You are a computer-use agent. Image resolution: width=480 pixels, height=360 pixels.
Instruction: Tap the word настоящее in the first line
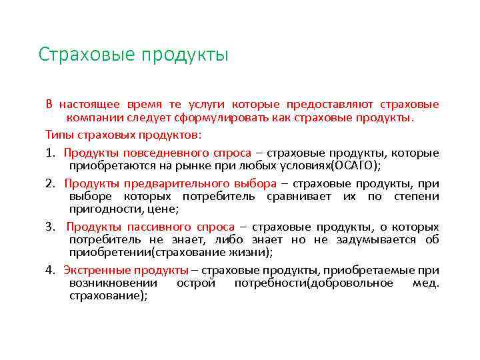[89, 104]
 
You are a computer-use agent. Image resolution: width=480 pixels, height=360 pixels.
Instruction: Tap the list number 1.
[51, 153]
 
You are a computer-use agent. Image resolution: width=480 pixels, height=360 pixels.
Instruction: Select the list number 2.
[51, 183]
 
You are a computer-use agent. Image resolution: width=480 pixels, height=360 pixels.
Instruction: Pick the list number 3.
[51, 227]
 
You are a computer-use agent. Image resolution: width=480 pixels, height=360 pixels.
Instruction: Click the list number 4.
[51, 270]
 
